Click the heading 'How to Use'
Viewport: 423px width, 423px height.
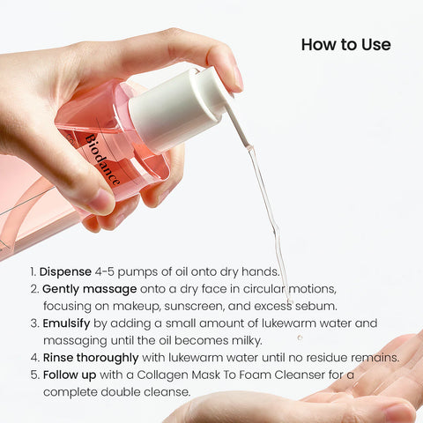coord(345,45)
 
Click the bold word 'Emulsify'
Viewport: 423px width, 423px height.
coord(67,323)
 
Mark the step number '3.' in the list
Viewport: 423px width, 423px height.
coord(34,323)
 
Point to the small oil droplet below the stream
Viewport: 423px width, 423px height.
coord(300,337)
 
